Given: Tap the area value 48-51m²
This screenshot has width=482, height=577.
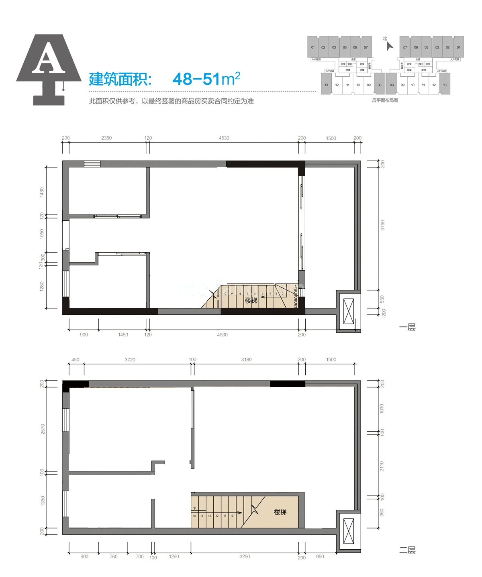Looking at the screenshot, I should click(x=206, y=79).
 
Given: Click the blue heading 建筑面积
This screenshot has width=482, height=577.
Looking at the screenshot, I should click(x=120, y=79).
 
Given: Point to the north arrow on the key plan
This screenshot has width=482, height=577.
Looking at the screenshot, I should click(x=389, y=46).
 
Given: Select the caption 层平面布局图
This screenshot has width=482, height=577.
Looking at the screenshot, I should click(x=385, y=100).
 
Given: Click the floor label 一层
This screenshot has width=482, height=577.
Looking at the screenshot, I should click(x=407, y=327).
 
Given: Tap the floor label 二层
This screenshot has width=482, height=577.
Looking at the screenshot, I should click(x=407, y=550).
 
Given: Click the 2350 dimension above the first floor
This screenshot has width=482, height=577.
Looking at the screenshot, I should click(x=106, y=138).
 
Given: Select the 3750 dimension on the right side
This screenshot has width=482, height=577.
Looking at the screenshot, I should click(x=383, y=225).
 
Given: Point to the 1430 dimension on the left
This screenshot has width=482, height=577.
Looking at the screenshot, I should click(x=42, y=192).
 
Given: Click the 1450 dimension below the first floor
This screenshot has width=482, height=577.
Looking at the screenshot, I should click(x=123, y=334).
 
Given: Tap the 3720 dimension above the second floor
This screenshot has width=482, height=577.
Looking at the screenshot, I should click(x=130, y=360).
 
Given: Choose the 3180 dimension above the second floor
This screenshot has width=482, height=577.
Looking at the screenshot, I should click(x=246, y=360).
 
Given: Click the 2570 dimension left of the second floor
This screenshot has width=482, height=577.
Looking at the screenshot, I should click(x=43, y=429).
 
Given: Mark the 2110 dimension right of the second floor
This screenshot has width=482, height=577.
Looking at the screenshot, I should click(x=382, y=466).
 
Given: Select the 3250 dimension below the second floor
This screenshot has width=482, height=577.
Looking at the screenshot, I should click(x=245, y=557).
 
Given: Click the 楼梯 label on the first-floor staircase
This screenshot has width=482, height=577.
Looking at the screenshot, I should click(x=251, y=300).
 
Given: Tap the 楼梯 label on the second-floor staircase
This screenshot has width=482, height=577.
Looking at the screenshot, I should click(x=280, y=512).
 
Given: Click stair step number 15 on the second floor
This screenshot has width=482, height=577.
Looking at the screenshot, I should click(x=194, y=516).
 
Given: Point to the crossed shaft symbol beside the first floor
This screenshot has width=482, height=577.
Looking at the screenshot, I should click(x=349, y=311).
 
